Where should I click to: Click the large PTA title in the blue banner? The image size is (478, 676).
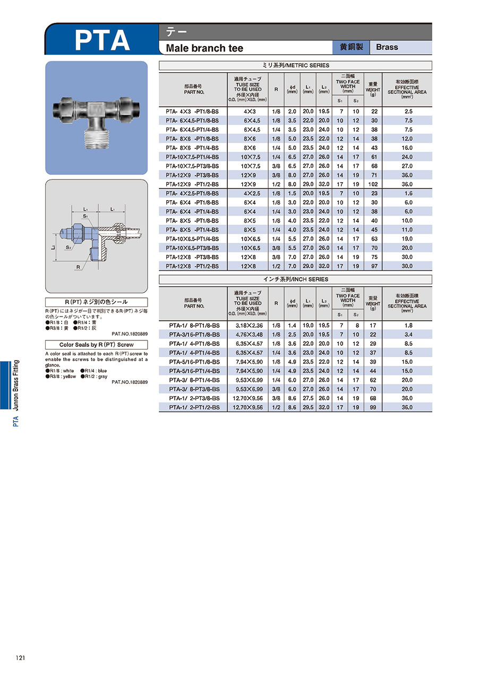(x=102, y=40)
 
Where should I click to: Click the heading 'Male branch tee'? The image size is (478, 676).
(x=204, y=48)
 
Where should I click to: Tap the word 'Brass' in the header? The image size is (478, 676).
(x=387, y=47)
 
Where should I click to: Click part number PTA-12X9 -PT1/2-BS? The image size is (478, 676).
(x=192, y=184)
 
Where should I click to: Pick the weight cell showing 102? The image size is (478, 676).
(x=373, y=184)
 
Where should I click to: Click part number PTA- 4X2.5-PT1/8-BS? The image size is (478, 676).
(x=192, y=193)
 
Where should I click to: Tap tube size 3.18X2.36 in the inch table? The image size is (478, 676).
(x=249, y=326)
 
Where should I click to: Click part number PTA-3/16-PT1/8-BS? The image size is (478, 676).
(x=194, y=335)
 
